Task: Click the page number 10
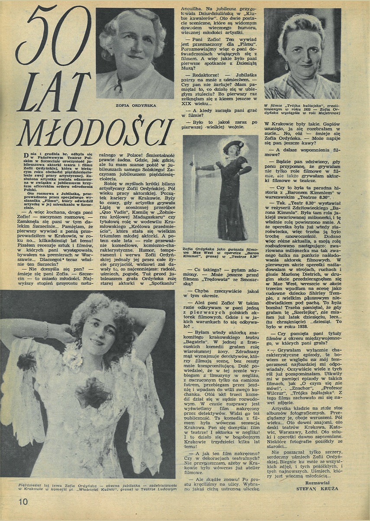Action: [23, 502]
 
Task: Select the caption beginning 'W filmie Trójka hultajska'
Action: [302, 109]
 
